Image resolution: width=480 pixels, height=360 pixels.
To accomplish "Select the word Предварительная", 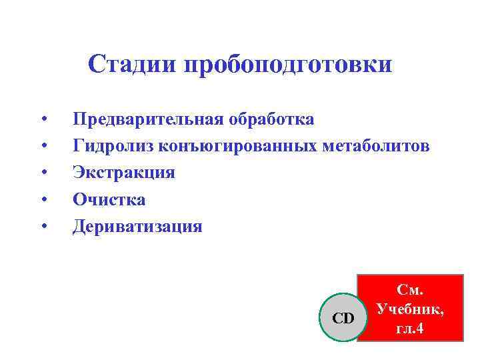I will (147, 119).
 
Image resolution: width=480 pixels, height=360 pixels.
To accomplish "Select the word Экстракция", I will (124, 173).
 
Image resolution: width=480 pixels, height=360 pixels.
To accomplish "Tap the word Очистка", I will (109, 199).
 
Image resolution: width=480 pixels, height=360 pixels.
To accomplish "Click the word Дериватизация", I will (137, 227).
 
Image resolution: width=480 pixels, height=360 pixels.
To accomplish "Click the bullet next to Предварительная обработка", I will (43, 120).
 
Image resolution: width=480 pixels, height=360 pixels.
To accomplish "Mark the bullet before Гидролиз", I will (43, 147).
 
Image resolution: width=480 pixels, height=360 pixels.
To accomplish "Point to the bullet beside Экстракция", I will (43, 173).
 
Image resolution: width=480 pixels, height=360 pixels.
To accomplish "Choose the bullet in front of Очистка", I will (43, 200).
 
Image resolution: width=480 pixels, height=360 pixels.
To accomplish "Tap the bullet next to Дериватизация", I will (43, 227).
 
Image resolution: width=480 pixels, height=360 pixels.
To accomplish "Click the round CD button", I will (344, 318).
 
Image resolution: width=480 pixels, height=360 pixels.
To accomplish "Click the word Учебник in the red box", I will (409, 309).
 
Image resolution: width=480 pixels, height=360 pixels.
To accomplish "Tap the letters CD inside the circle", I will (344, 318).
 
